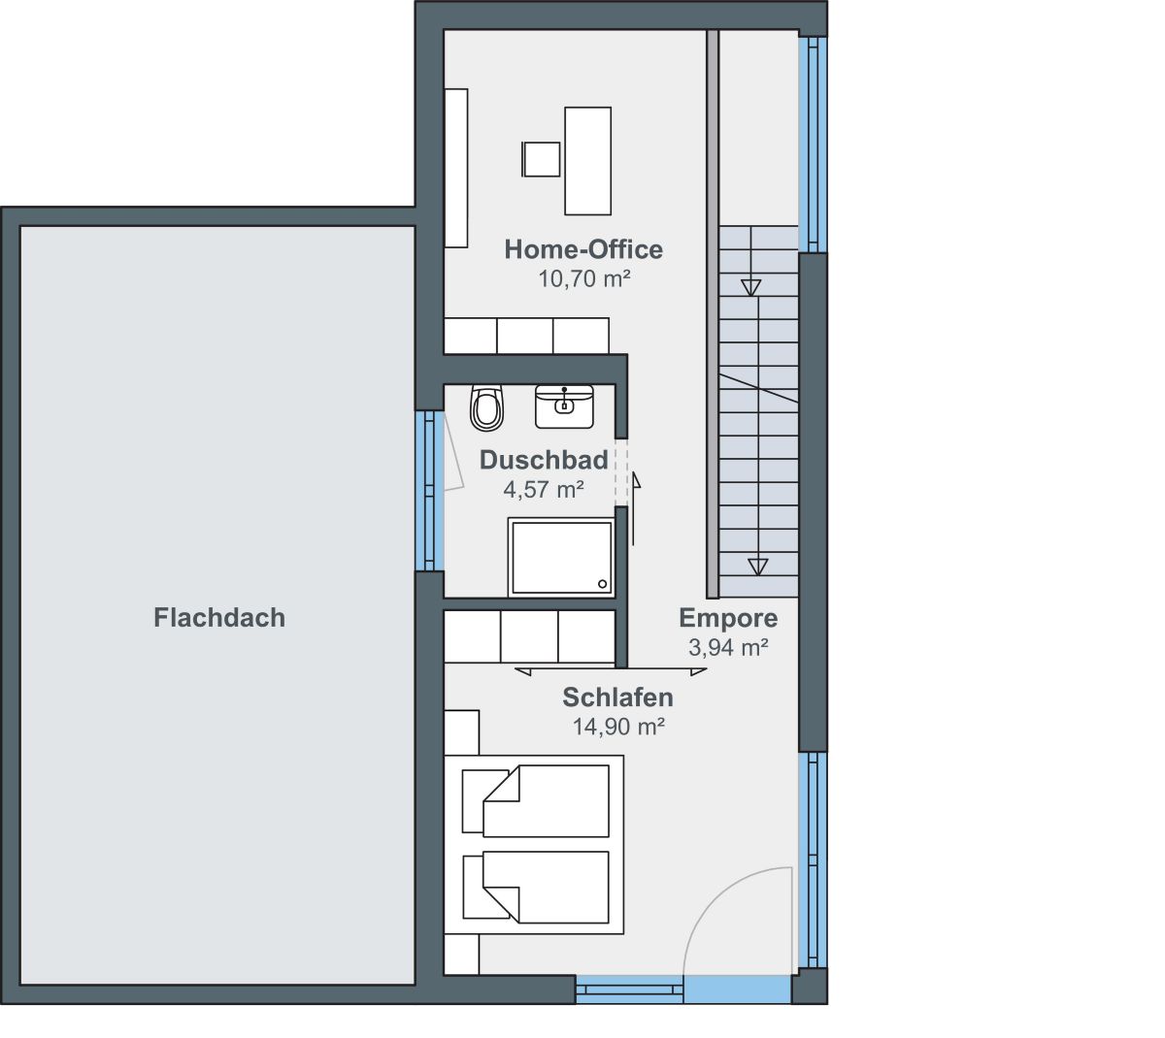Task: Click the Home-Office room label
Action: (x=583, y=249)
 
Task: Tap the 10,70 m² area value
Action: (x=584, y=278)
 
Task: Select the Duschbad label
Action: (x=544, y=460)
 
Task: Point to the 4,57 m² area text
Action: (x=544, y=489)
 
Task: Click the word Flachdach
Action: (x=219, y=617)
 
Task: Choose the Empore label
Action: (x=728, y=618)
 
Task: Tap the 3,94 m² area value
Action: (x=728, y=647)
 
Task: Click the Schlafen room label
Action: (x=617, y=697)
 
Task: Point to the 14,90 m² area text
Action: (x=618, y=727)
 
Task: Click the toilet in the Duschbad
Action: (x=486, y=407)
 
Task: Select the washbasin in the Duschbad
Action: (x=564, y=406)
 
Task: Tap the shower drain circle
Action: (x=602, y=584)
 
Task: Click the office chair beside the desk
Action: (x=541, y=159)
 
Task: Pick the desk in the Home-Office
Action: (x=587, y=161)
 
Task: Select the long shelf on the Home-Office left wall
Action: (x=456, y=168)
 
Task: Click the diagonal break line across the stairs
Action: (x=758, y=388)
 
